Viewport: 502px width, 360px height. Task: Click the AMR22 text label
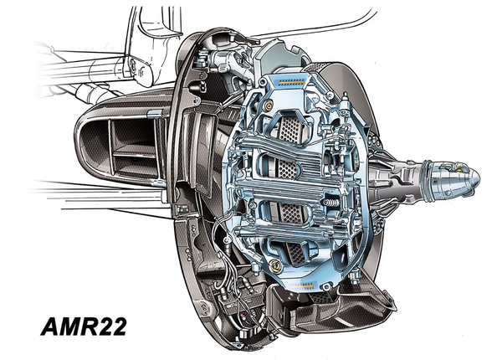[x=84, y=327]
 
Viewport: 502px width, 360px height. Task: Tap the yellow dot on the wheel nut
[x=460, y=170]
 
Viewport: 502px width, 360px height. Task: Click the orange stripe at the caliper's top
[x=290, y=82]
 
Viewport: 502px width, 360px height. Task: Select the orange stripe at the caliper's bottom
[x=301, y=285]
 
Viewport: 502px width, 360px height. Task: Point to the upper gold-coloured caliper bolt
[x=268, y=105]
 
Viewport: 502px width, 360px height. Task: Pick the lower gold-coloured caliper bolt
[x=274, y=265]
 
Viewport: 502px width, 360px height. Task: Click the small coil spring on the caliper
[x=330, y=203]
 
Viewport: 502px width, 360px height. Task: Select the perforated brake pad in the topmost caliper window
[x=290, y=129]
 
